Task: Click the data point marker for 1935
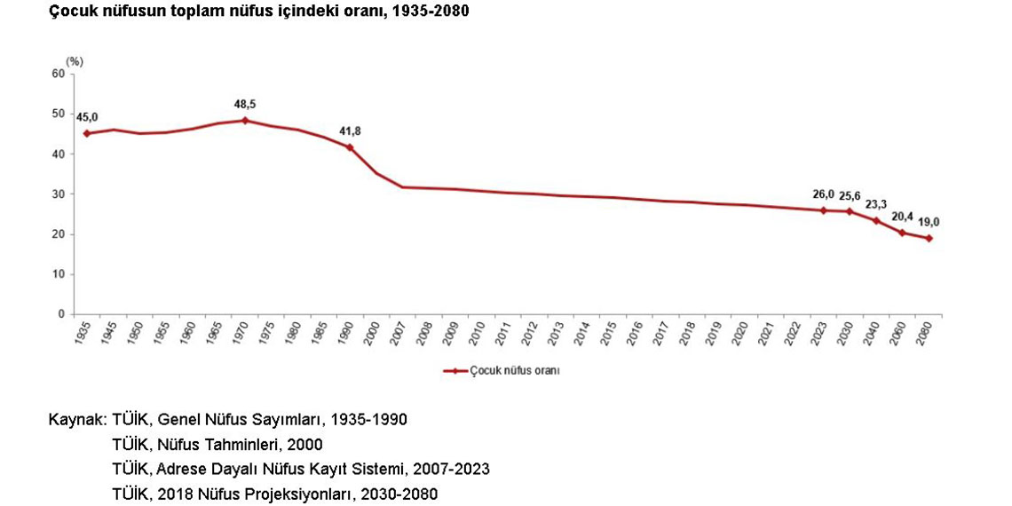(87, 133)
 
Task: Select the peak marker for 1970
(244, 120)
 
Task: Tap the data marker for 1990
(350, 147)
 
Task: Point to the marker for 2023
(824, 210)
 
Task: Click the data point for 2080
(929, 238)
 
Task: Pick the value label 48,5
(245, 104)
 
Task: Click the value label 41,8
(350, 131)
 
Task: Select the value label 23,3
(876, 203)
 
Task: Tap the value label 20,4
(903, 216)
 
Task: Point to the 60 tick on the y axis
(59, 74)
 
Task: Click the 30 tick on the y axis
(59, 194)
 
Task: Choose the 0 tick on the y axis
(61, 314)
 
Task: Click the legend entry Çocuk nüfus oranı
(515, 371)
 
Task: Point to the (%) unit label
(74, 61)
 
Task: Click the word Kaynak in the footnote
(76, 419)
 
